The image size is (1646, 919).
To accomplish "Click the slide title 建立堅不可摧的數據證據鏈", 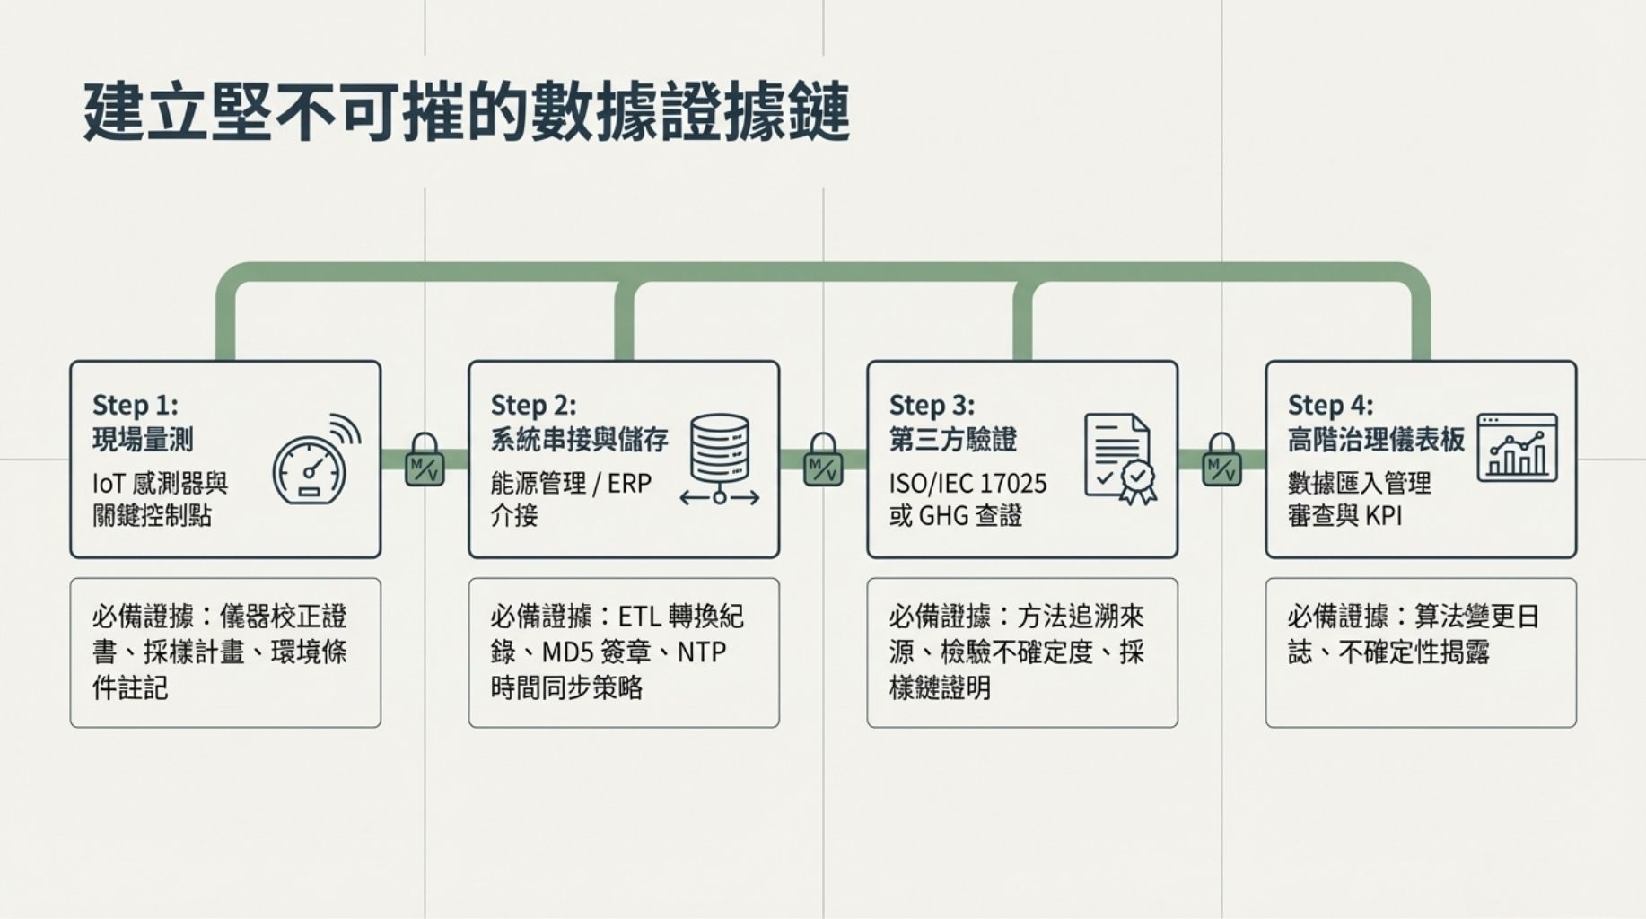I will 466,112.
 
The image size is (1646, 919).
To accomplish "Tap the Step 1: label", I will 135,405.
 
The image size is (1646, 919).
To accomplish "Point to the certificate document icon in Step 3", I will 1119,458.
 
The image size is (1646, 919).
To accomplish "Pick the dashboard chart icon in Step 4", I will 1517,447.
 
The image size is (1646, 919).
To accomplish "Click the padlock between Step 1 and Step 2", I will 425,459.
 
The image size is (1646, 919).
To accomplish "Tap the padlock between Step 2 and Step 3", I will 823,459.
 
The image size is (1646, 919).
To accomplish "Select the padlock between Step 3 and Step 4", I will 1221,459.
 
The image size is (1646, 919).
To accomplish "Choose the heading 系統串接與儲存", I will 579,440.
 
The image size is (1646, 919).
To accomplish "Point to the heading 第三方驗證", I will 952,440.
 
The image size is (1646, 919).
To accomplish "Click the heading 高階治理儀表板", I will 1376,440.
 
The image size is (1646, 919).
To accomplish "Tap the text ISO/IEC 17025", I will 967,484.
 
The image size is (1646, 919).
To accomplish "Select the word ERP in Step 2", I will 629,484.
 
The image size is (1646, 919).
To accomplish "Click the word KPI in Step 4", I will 1383,516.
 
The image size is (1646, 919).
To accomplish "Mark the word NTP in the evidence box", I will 701,652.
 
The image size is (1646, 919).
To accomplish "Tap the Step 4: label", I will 1330,405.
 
